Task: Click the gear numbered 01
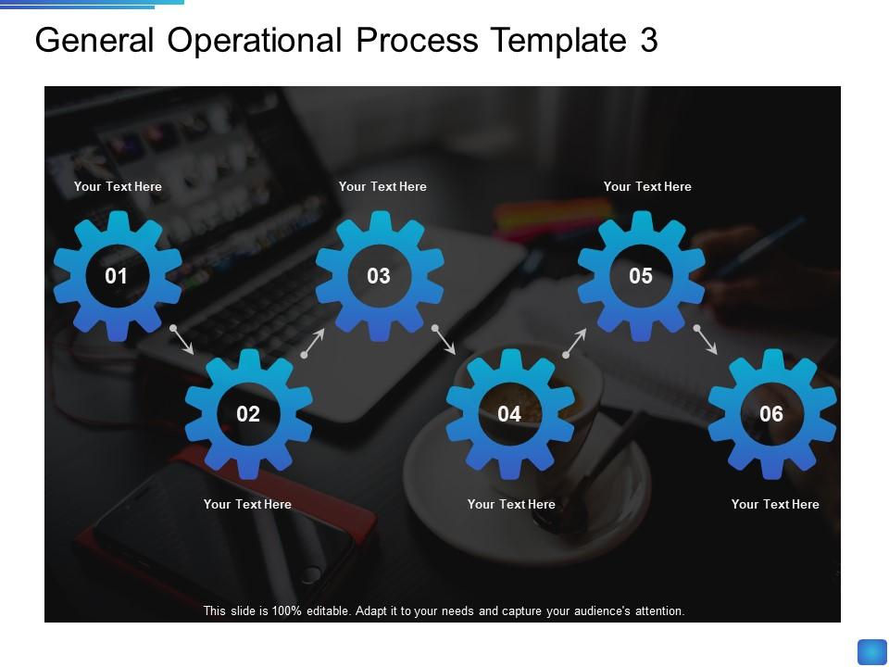(x=117, y=276)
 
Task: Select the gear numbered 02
(x=248, y=414)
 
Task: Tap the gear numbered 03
(x=379, y=276)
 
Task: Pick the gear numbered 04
(x=509, y=414)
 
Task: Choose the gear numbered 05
(x=641, y=276)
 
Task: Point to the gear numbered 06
(x=771, y=414)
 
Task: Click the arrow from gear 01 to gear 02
(x=182, y=340)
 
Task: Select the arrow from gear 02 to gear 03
(x=314, y=342)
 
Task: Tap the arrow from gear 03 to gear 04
(x=444, y=340)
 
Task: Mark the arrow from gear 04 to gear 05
(x=575, y=342)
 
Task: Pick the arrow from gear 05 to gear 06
(x=707, y=340)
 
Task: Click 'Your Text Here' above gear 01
(x=118, y=186)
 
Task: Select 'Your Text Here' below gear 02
(x=247, y=504)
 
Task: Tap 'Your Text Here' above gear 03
(x=382, y=186)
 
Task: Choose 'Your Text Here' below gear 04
(x=511, y=504)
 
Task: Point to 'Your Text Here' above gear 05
(x=647, y=186)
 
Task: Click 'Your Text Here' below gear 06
(x=775, y=504)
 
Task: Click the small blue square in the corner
(x=872, y=652)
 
